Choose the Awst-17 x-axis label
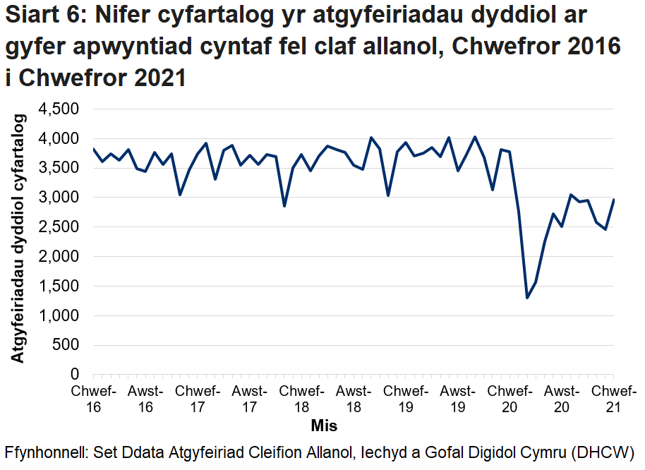tap(249, 399)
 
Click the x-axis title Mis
tap(324, 426)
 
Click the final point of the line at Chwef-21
tap(614, 200)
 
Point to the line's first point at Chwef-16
tap(94, 149)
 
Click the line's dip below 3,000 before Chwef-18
tap(284, 206)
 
